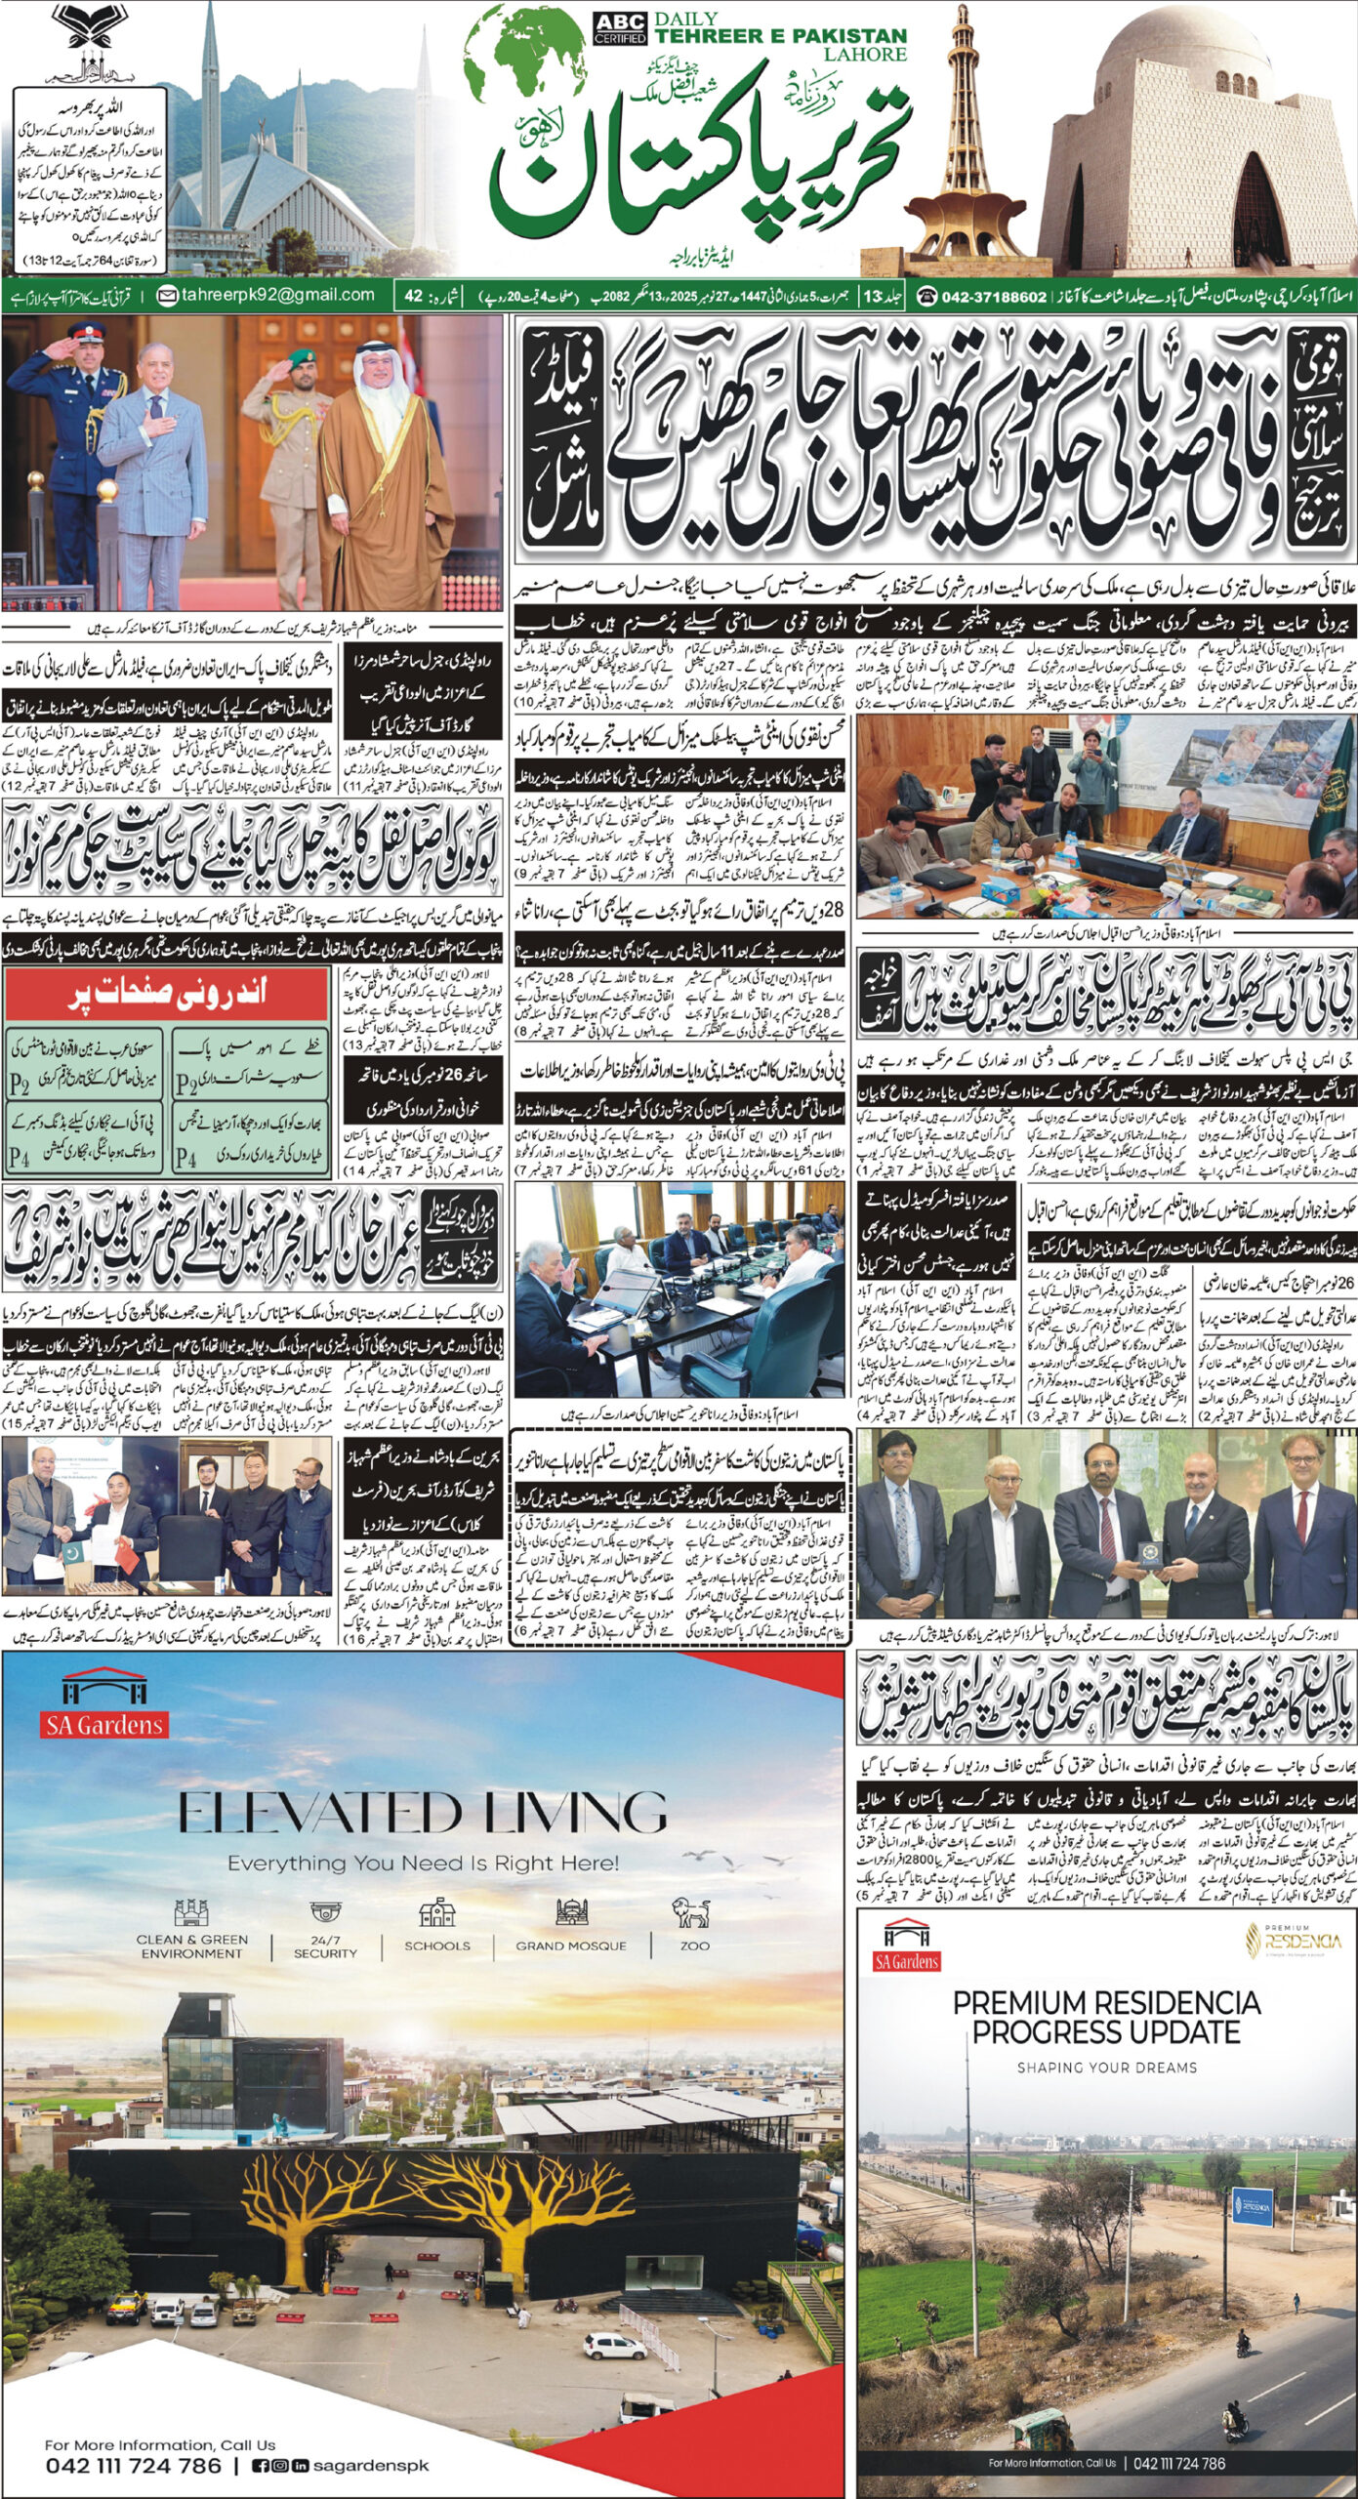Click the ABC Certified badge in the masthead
point(619,29)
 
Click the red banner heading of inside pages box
point(166,994)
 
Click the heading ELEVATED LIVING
point(423,1816)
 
